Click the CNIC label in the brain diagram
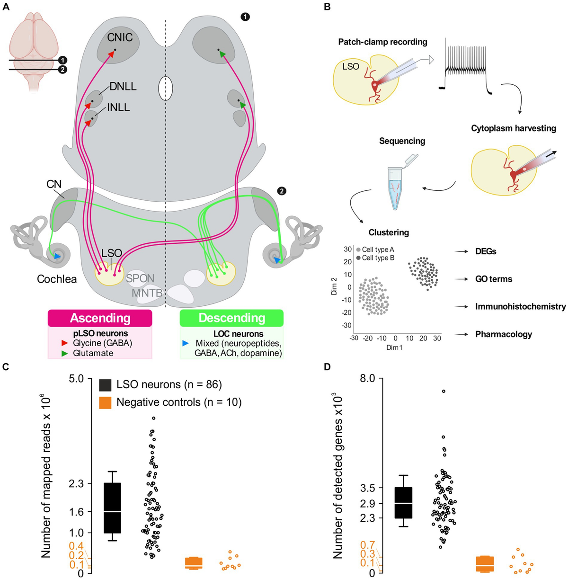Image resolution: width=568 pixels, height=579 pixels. pyautogui.click(x=120, y=37)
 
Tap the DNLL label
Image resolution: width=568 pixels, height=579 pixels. pyautogui.click(x=123, y=87)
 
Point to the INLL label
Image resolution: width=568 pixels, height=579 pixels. pyautogui.click(x=118, y=107)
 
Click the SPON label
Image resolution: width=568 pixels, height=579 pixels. pyautogui.click(x=140, y=278)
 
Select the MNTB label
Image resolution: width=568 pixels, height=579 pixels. pyautogui.click(x=147, y=293)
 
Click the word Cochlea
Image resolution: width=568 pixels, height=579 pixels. pyautogui.click(x=57, y=279)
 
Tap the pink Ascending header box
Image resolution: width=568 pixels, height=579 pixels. pyautogui.click(x=100, y=318)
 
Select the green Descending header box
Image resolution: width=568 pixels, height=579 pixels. pyautogui.click(x=232, y=318)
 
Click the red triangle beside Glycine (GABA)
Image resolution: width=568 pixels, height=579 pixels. pyautogui.click(x=65, y=343)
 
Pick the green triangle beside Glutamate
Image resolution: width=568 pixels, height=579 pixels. pyautogui.click(x=65, y=353)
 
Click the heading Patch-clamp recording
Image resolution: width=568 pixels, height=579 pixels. pyautogui.click(x=382, y=42)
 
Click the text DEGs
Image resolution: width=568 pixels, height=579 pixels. pyautogui.click(x=486, y=251)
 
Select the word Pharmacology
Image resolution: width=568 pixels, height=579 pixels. pyautogui.click(x=504, y=334)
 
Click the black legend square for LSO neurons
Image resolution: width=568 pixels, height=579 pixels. pyautogui.click(x=105, y=385)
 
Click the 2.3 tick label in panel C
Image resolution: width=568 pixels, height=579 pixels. pyautogui.click(x=76, y=483)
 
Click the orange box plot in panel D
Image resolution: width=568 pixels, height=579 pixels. pyautogui.click(x=485, y=563)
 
